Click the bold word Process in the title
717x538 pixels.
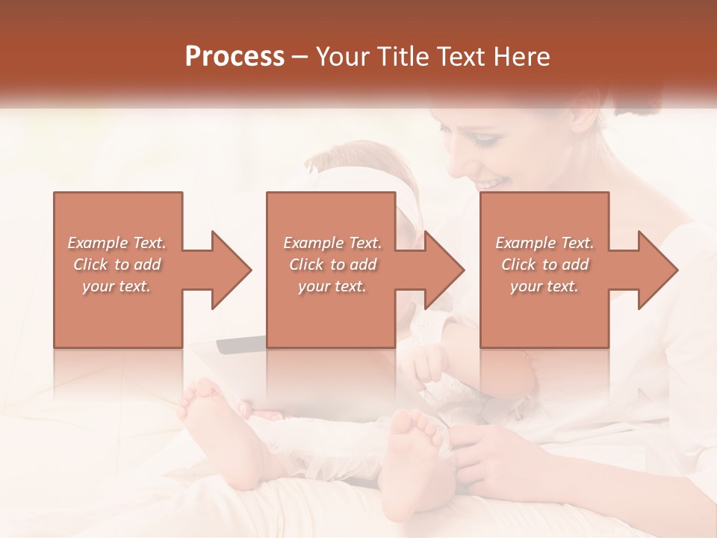pyautogui.click(x=235, y=57)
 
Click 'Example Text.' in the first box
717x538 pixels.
pyautogui.click(x=117, y=243)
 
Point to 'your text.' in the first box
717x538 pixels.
pyautogui.click(x=117, y=286)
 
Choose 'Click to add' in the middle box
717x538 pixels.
pyautogui.click(x=332, y=265)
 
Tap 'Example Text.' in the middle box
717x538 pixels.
pyautogui.click(x=332, y=243)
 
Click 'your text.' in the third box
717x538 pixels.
pyautogui.click(x=544, y=286)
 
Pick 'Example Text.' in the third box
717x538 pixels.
pyautogui.click(x=544, y=243)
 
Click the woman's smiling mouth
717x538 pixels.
pyautogui.click(x=492, y=183)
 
